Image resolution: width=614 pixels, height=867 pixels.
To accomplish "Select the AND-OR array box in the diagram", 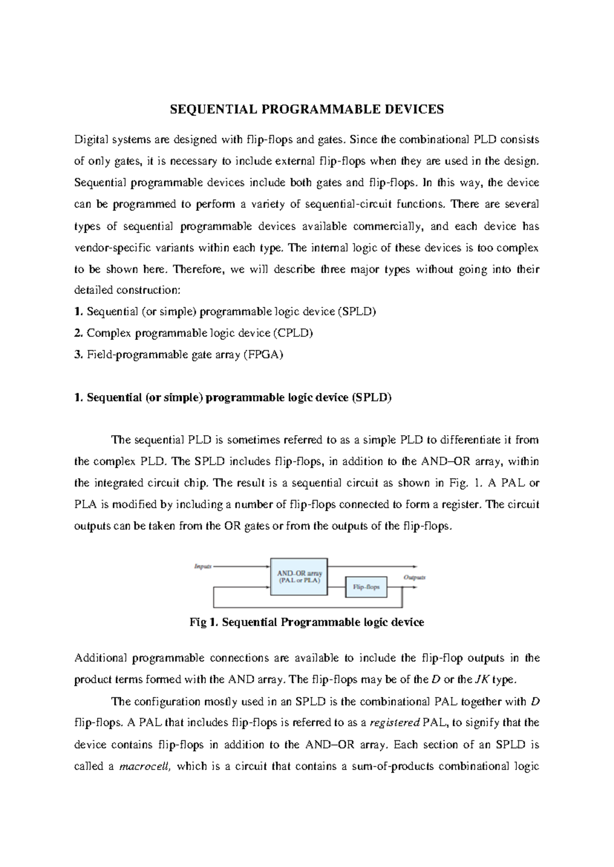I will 299,577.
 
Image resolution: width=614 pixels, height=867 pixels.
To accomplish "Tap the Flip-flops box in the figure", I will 366,587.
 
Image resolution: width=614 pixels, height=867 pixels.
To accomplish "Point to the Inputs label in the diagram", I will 203,566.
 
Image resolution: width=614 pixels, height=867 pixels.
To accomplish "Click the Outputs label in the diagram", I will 414,577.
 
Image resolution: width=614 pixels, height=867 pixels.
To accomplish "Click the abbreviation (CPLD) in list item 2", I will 292,333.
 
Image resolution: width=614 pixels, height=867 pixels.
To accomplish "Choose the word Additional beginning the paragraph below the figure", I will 100,658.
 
